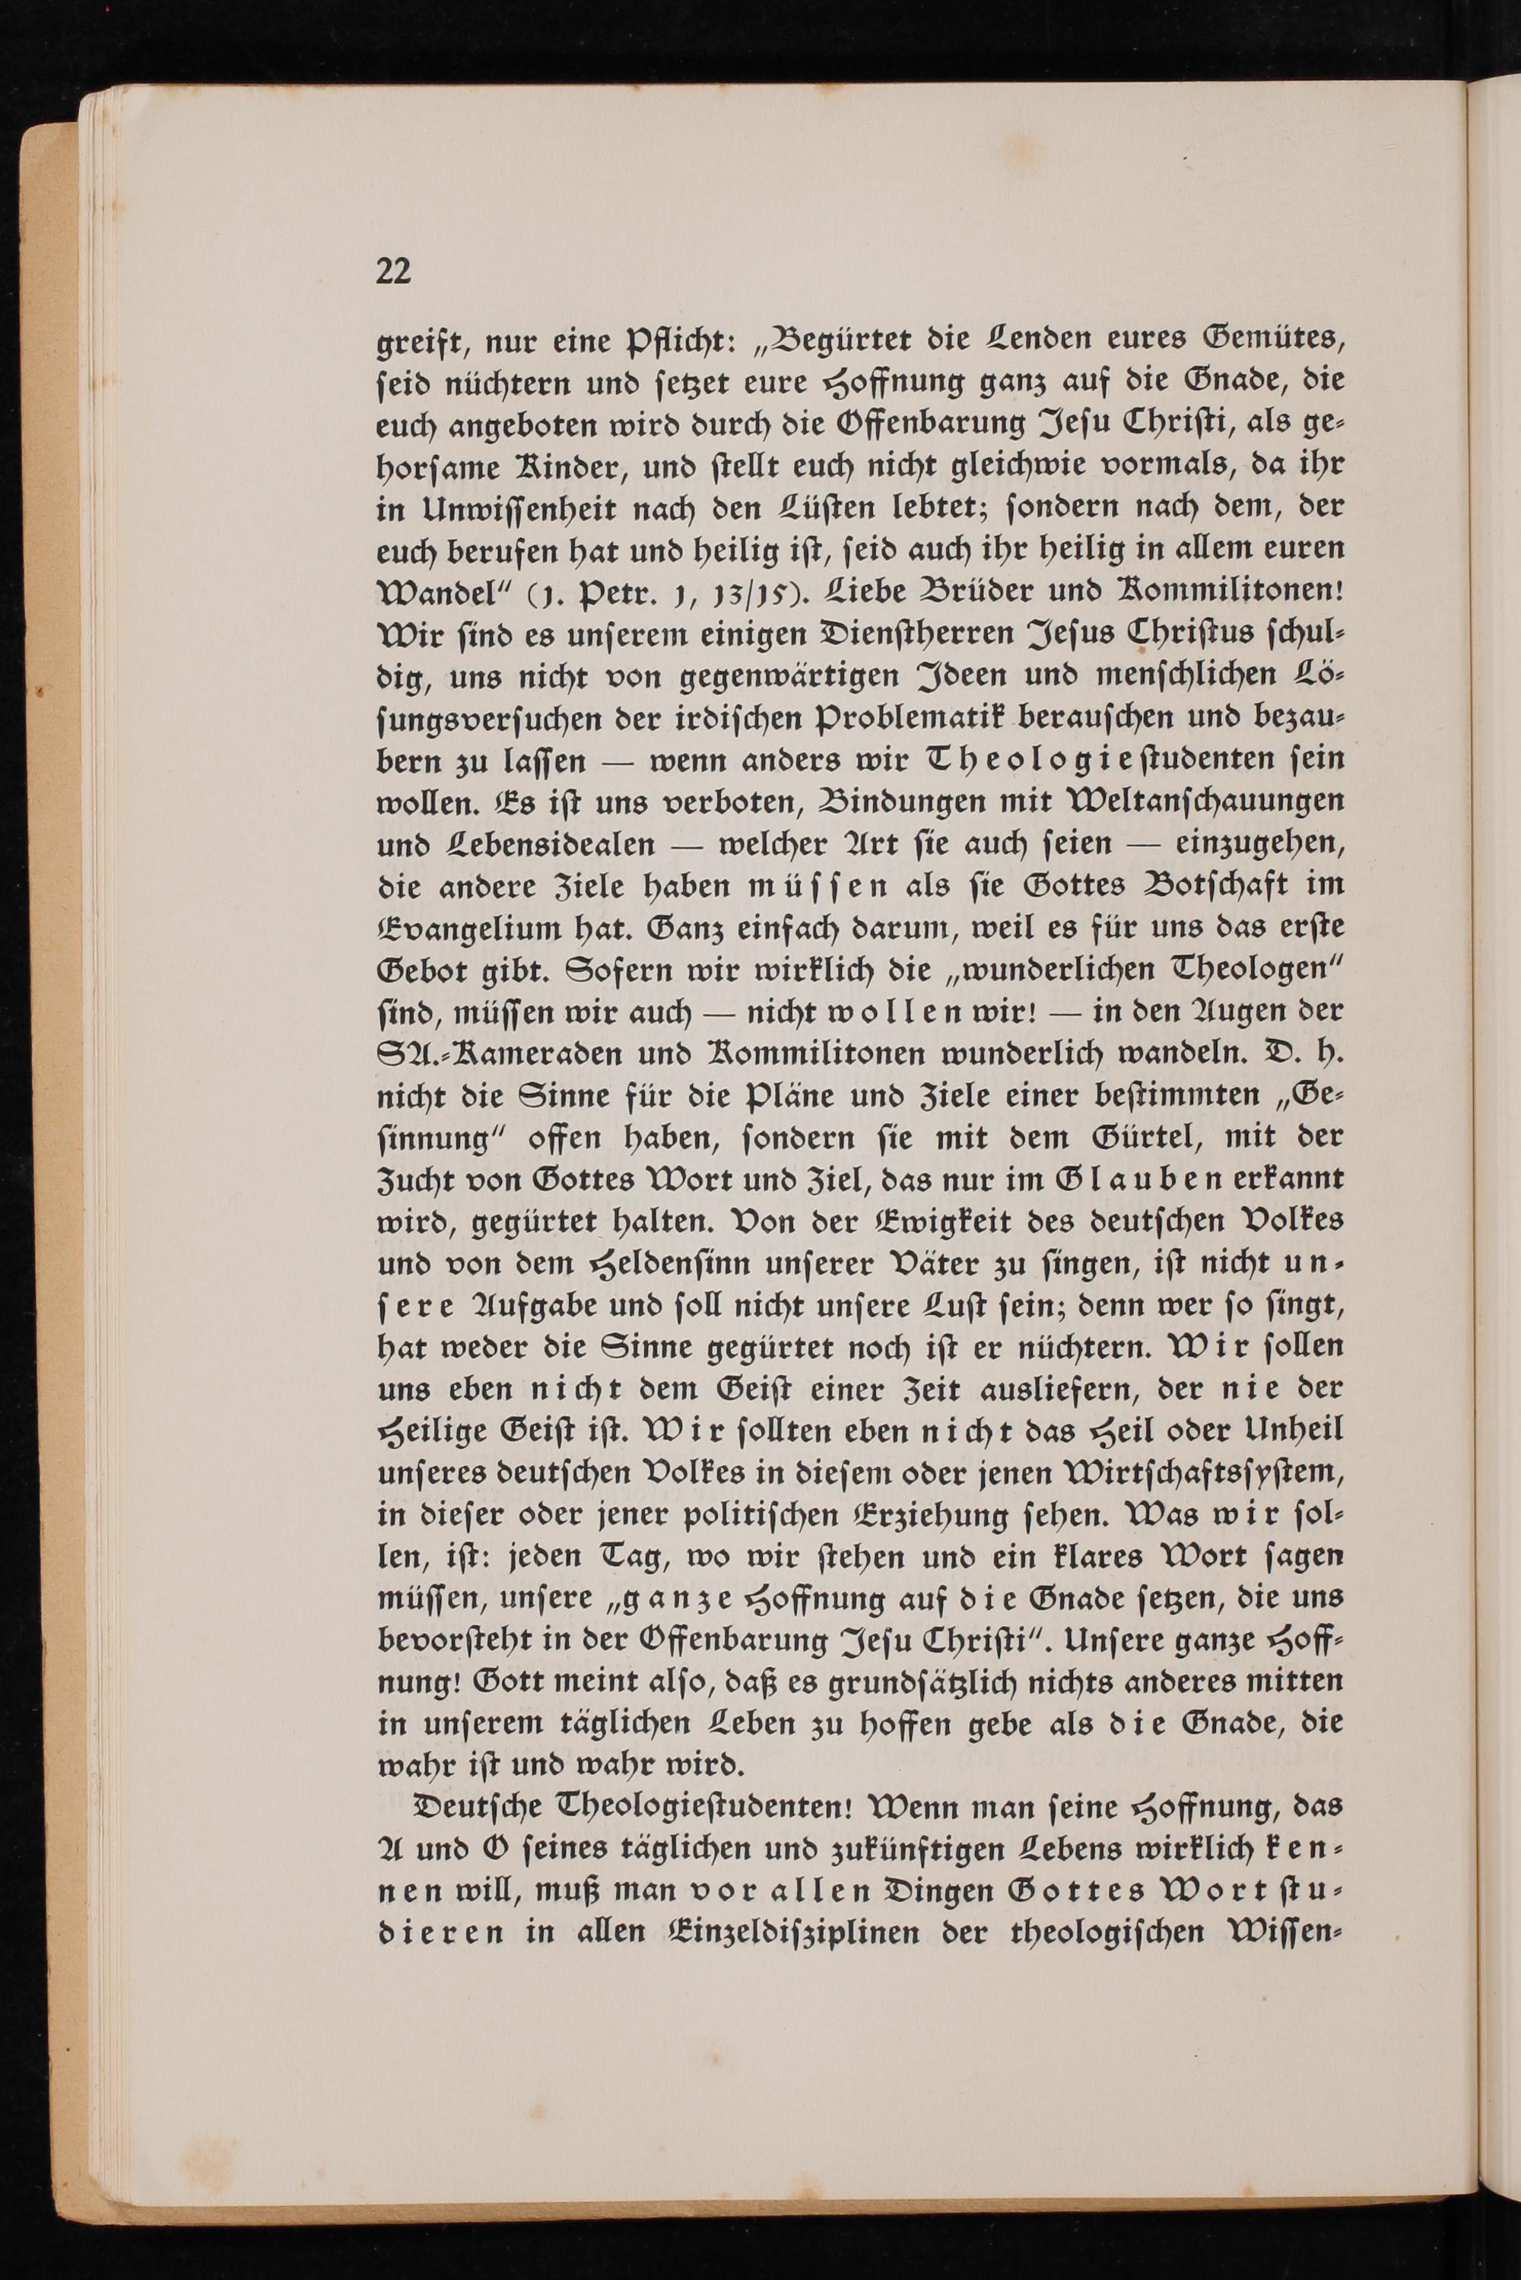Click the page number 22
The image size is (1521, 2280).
click(x=394, y=272)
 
